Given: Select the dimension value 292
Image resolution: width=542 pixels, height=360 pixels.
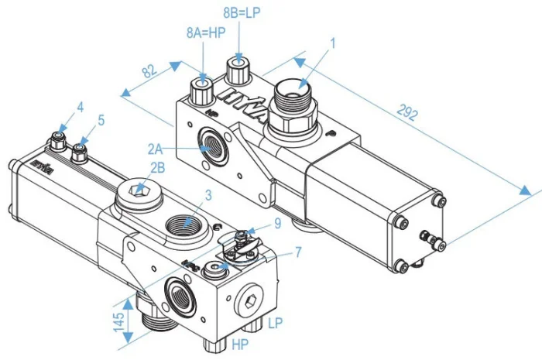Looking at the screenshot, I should coord(408,115).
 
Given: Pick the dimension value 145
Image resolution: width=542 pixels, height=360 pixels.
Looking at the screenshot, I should coord(119,321).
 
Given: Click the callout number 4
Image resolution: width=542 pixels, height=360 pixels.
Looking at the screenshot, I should coord(80,106).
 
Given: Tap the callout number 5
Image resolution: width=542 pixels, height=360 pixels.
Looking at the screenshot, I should coord(101,121).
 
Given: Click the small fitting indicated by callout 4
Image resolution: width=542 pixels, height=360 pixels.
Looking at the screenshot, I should coord(57,139).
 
